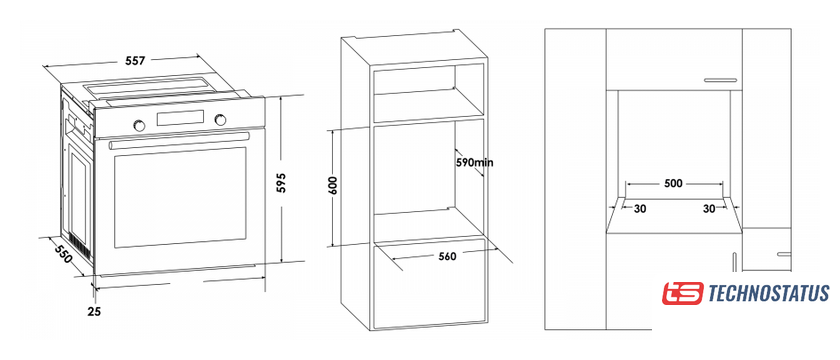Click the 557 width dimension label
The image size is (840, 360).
tap(136, 61)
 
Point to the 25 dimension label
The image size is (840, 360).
tap(95, 311)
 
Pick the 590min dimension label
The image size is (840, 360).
tap(474, 162)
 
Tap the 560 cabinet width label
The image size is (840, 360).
tap(447, 256)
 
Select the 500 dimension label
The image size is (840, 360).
tap(673, 183)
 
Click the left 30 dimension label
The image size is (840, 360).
tap(640, 209)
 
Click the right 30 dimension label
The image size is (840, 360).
tap(709, 209)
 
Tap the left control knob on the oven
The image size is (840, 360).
tap(139, 125)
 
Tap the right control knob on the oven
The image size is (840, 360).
tap(220, 120)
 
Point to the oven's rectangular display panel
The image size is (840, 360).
tap(180, 118)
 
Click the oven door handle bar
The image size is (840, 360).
tap(179, 141)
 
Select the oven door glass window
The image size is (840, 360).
tap(181, 197)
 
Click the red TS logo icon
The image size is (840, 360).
tap(682, 294)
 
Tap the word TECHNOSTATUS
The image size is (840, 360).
tap(769, 294)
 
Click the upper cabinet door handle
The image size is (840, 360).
tap(721, 80)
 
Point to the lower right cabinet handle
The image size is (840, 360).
tap(784, 254)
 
